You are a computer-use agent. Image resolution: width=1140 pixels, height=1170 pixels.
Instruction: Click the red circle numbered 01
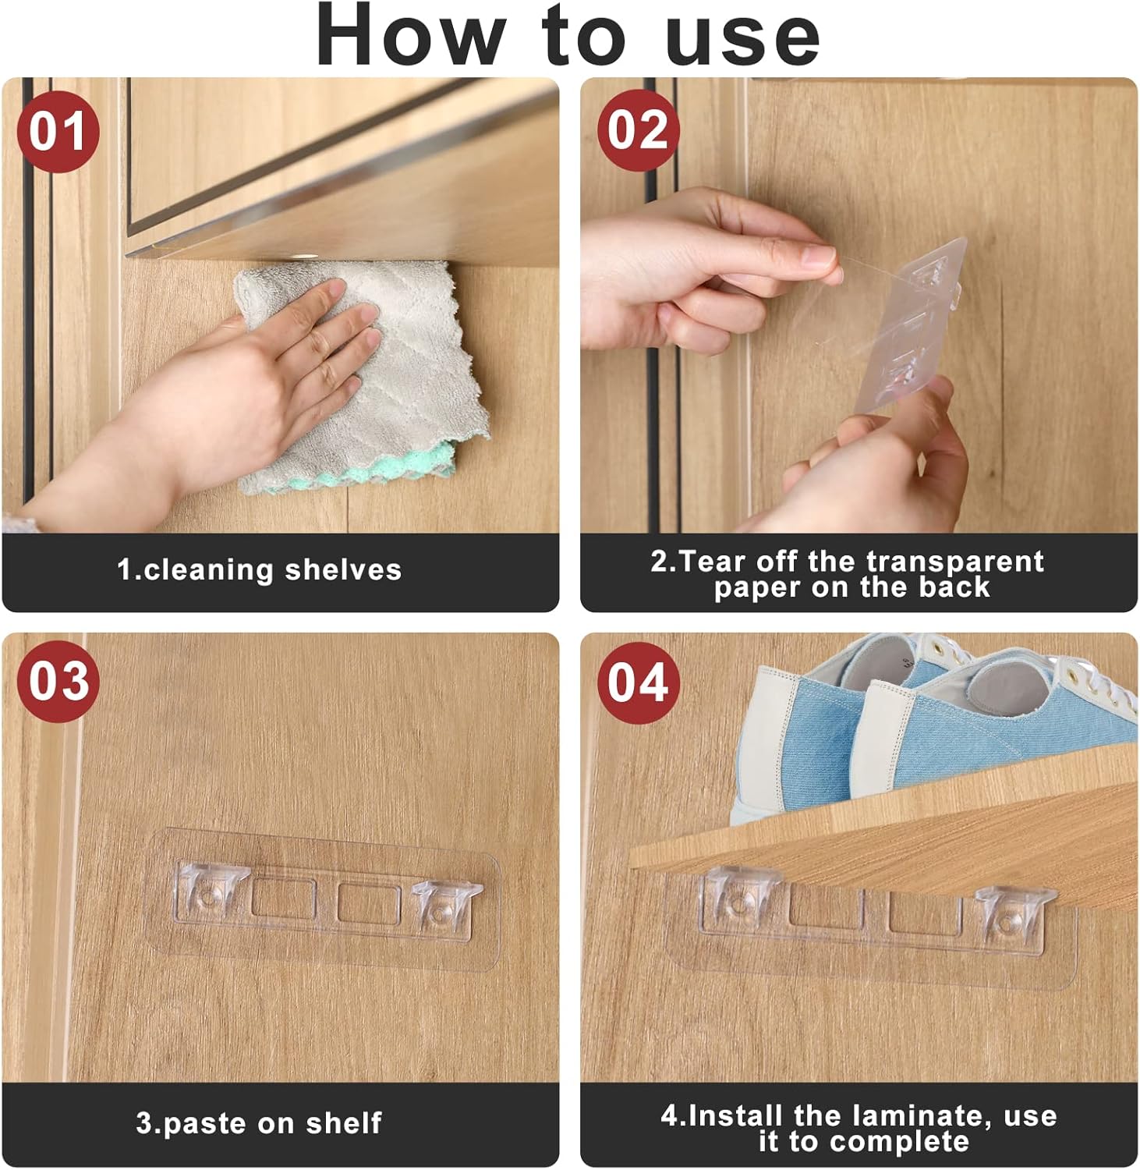pos(58,131)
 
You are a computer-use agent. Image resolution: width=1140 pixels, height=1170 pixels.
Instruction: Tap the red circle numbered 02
pos(638,129)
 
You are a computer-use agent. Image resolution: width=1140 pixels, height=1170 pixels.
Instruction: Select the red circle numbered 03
pos(58,681)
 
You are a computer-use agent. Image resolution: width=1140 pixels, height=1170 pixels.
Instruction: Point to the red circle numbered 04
pos(638,682)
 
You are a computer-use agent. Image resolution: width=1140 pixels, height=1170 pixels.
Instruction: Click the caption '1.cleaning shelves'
pos(259,569)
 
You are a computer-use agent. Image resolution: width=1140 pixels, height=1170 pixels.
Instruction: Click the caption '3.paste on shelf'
pos(259,1122)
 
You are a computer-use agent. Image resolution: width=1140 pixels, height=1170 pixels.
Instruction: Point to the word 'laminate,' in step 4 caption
pos(894,1115)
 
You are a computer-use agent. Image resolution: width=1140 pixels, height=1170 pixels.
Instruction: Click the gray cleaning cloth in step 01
pos(363,374)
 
